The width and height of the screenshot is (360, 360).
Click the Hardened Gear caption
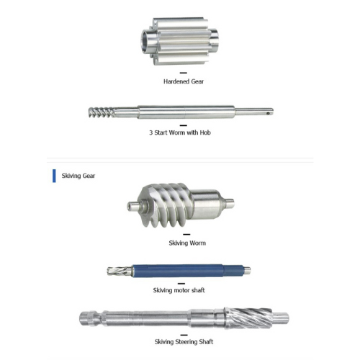coord(184,81)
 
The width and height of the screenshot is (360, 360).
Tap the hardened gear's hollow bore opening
coord(147,40)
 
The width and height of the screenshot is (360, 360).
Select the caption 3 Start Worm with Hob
coord(180,132)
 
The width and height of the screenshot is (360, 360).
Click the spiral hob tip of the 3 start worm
coord(102,112)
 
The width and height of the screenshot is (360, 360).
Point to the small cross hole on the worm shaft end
coord(269,112)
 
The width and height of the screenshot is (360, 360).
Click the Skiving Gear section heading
coord(78,176)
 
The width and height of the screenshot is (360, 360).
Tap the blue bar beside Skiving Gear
coord(54,176)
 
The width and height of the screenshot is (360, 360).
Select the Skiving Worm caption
coord(187,243)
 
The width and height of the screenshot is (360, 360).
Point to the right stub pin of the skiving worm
coord(230,204)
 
